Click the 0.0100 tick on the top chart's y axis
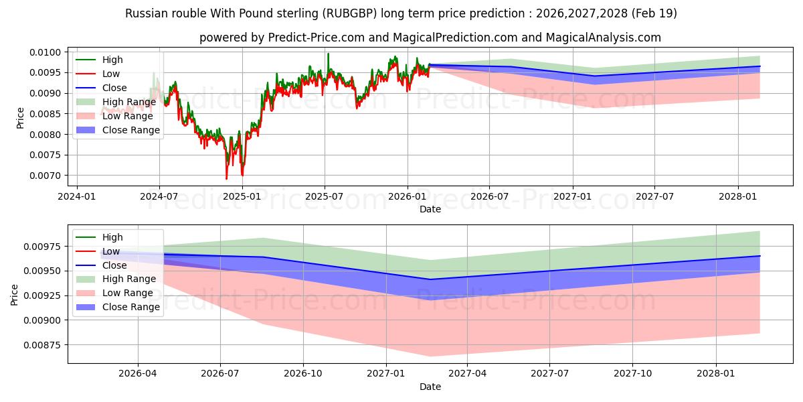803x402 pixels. (x=46, y=52)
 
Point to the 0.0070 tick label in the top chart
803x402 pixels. (x=46, y=176)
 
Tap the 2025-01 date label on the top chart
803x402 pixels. (x=242, y=197)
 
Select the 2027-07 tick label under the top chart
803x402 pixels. (x=654, y=197)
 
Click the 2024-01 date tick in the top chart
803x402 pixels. (x=77, y=197)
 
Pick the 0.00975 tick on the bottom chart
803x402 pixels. (x=42, y=247)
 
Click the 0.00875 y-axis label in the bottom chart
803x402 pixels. (x=42, y=345)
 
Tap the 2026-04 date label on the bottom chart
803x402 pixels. (x=138, y=374)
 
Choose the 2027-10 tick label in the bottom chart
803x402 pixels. (x=633, y=374)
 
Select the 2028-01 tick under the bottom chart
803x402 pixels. (x=716, y=374)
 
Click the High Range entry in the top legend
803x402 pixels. (x=116, y=102)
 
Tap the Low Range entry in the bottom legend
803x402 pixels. (x=114, y=293)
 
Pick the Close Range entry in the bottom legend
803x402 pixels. (x=118, y=307)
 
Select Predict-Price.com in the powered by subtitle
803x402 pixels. (x=317, y=38)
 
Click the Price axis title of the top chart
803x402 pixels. (x=20, y=118)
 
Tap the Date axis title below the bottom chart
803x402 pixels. (x=430, y=387)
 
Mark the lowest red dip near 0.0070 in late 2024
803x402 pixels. (x=227, y=178)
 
